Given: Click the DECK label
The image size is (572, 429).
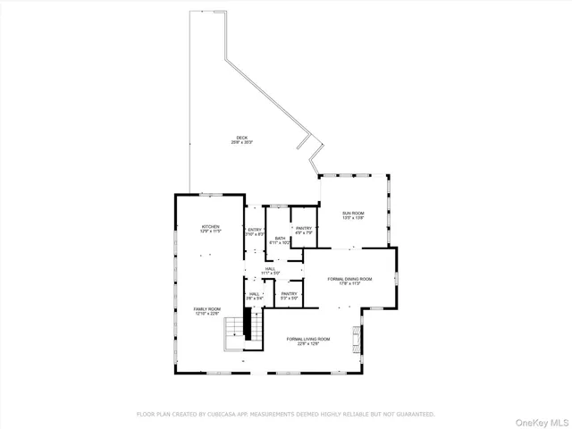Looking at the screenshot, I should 241,138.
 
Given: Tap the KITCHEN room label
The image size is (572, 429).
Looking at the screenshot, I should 210,227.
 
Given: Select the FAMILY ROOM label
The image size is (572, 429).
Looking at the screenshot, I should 207,308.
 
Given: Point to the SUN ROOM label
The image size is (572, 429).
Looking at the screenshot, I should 354,213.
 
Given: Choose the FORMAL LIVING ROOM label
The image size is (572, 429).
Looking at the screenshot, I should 308,339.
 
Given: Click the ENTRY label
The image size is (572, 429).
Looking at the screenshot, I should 256,230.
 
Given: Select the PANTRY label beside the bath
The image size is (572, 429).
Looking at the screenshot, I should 304,229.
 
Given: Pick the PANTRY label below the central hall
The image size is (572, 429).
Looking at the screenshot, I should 289,293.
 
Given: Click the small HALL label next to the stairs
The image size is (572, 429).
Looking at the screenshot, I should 255,293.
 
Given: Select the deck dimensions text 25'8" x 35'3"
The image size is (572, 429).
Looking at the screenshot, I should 242,143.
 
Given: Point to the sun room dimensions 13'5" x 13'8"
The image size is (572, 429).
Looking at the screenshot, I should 354,218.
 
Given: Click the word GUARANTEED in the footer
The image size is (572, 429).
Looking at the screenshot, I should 416,414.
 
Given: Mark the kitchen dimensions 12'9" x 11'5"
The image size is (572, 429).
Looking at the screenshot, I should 210,232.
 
